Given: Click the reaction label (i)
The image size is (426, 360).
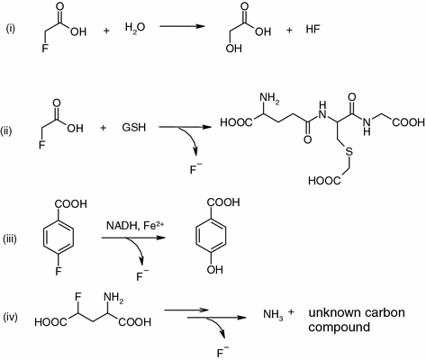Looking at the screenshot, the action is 10,29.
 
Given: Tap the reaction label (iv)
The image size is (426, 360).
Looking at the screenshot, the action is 10,317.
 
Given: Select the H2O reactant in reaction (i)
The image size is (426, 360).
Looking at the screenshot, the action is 135,28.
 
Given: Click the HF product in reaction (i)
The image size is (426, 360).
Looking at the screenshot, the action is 313,29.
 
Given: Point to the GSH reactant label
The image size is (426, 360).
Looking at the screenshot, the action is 134,128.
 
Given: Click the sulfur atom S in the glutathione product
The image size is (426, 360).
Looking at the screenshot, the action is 349,152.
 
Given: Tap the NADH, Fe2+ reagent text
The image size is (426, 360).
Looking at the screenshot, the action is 135,226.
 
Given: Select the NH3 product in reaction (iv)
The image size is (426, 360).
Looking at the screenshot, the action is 273,315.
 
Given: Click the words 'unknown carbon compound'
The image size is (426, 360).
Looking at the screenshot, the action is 357,319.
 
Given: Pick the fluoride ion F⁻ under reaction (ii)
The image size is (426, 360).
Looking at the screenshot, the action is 195,169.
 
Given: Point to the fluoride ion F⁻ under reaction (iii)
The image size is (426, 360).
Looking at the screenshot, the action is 142,275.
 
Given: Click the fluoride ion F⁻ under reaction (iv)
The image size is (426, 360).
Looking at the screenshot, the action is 222,352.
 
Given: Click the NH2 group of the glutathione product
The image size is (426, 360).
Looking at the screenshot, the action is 269,99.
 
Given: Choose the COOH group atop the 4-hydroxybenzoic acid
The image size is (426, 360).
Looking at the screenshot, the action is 222,202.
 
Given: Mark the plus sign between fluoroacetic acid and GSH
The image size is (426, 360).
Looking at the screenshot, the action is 104,128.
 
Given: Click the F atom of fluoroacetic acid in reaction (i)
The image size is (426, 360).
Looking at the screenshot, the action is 45,49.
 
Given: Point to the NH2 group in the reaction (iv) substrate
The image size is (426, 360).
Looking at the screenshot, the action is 113,298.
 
